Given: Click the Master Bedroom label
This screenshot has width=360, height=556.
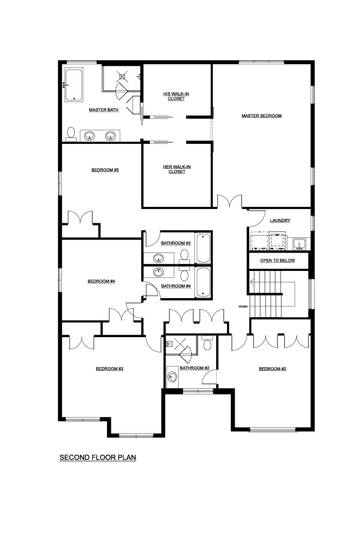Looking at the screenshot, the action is [x=261, y=116].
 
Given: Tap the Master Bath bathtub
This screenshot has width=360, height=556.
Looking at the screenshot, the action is [x=74, y=85].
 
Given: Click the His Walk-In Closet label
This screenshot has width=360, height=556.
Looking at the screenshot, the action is [x=176, y=96].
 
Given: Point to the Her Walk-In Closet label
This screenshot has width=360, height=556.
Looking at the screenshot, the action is [x=176, y=169].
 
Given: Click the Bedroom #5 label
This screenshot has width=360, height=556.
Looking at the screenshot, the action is [x=105, y=170].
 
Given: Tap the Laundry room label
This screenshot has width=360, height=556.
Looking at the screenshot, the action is [x=280, y=220].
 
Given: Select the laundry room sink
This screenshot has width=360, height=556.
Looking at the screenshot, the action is [x=300, y=244].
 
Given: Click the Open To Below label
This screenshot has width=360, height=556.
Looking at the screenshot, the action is [x=277, y=261].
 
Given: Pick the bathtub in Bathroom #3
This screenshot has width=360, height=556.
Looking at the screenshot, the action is [x=203, y=248].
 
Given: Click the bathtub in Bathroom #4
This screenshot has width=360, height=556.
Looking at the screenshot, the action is [x=203, y=282].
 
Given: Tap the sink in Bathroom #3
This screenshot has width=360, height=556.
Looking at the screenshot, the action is [x=159, y=258].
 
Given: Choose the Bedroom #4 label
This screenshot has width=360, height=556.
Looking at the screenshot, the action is [x=102, y=281].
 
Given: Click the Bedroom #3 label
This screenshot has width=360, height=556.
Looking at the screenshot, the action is [x=110, y=369].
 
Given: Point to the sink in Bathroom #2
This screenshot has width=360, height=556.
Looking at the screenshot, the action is [x=173, y=377].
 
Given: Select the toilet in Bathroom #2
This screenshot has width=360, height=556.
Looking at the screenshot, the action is [x=207, y=343].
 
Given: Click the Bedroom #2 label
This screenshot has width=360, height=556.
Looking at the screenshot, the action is [x=273, y=369].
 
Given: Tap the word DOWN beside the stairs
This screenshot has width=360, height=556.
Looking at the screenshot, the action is [x=243, y=306].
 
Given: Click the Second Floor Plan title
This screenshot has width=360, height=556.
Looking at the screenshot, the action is [x=98, y=457].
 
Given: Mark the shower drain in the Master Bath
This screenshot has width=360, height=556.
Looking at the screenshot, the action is [x=122, y=75].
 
